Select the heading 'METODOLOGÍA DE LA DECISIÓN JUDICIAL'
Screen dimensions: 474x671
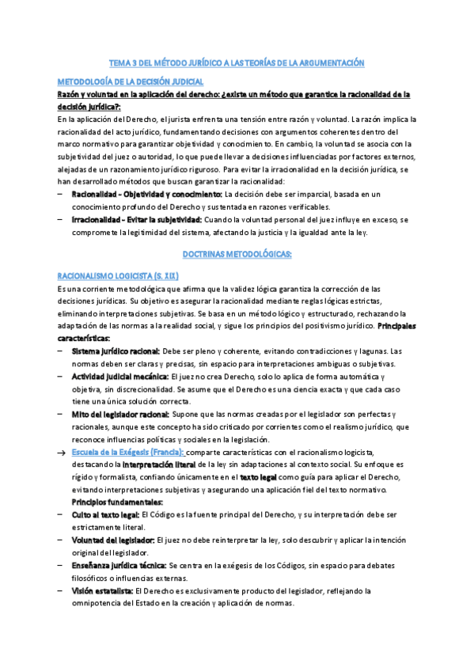click(131, 82)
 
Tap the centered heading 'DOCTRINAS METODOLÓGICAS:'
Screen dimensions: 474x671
click(237, 254)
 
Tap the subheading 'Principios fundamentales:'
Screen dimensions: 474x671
click(117, 503)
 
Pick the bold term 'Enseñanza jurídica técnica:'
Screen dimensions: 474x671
click(119, 567)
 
